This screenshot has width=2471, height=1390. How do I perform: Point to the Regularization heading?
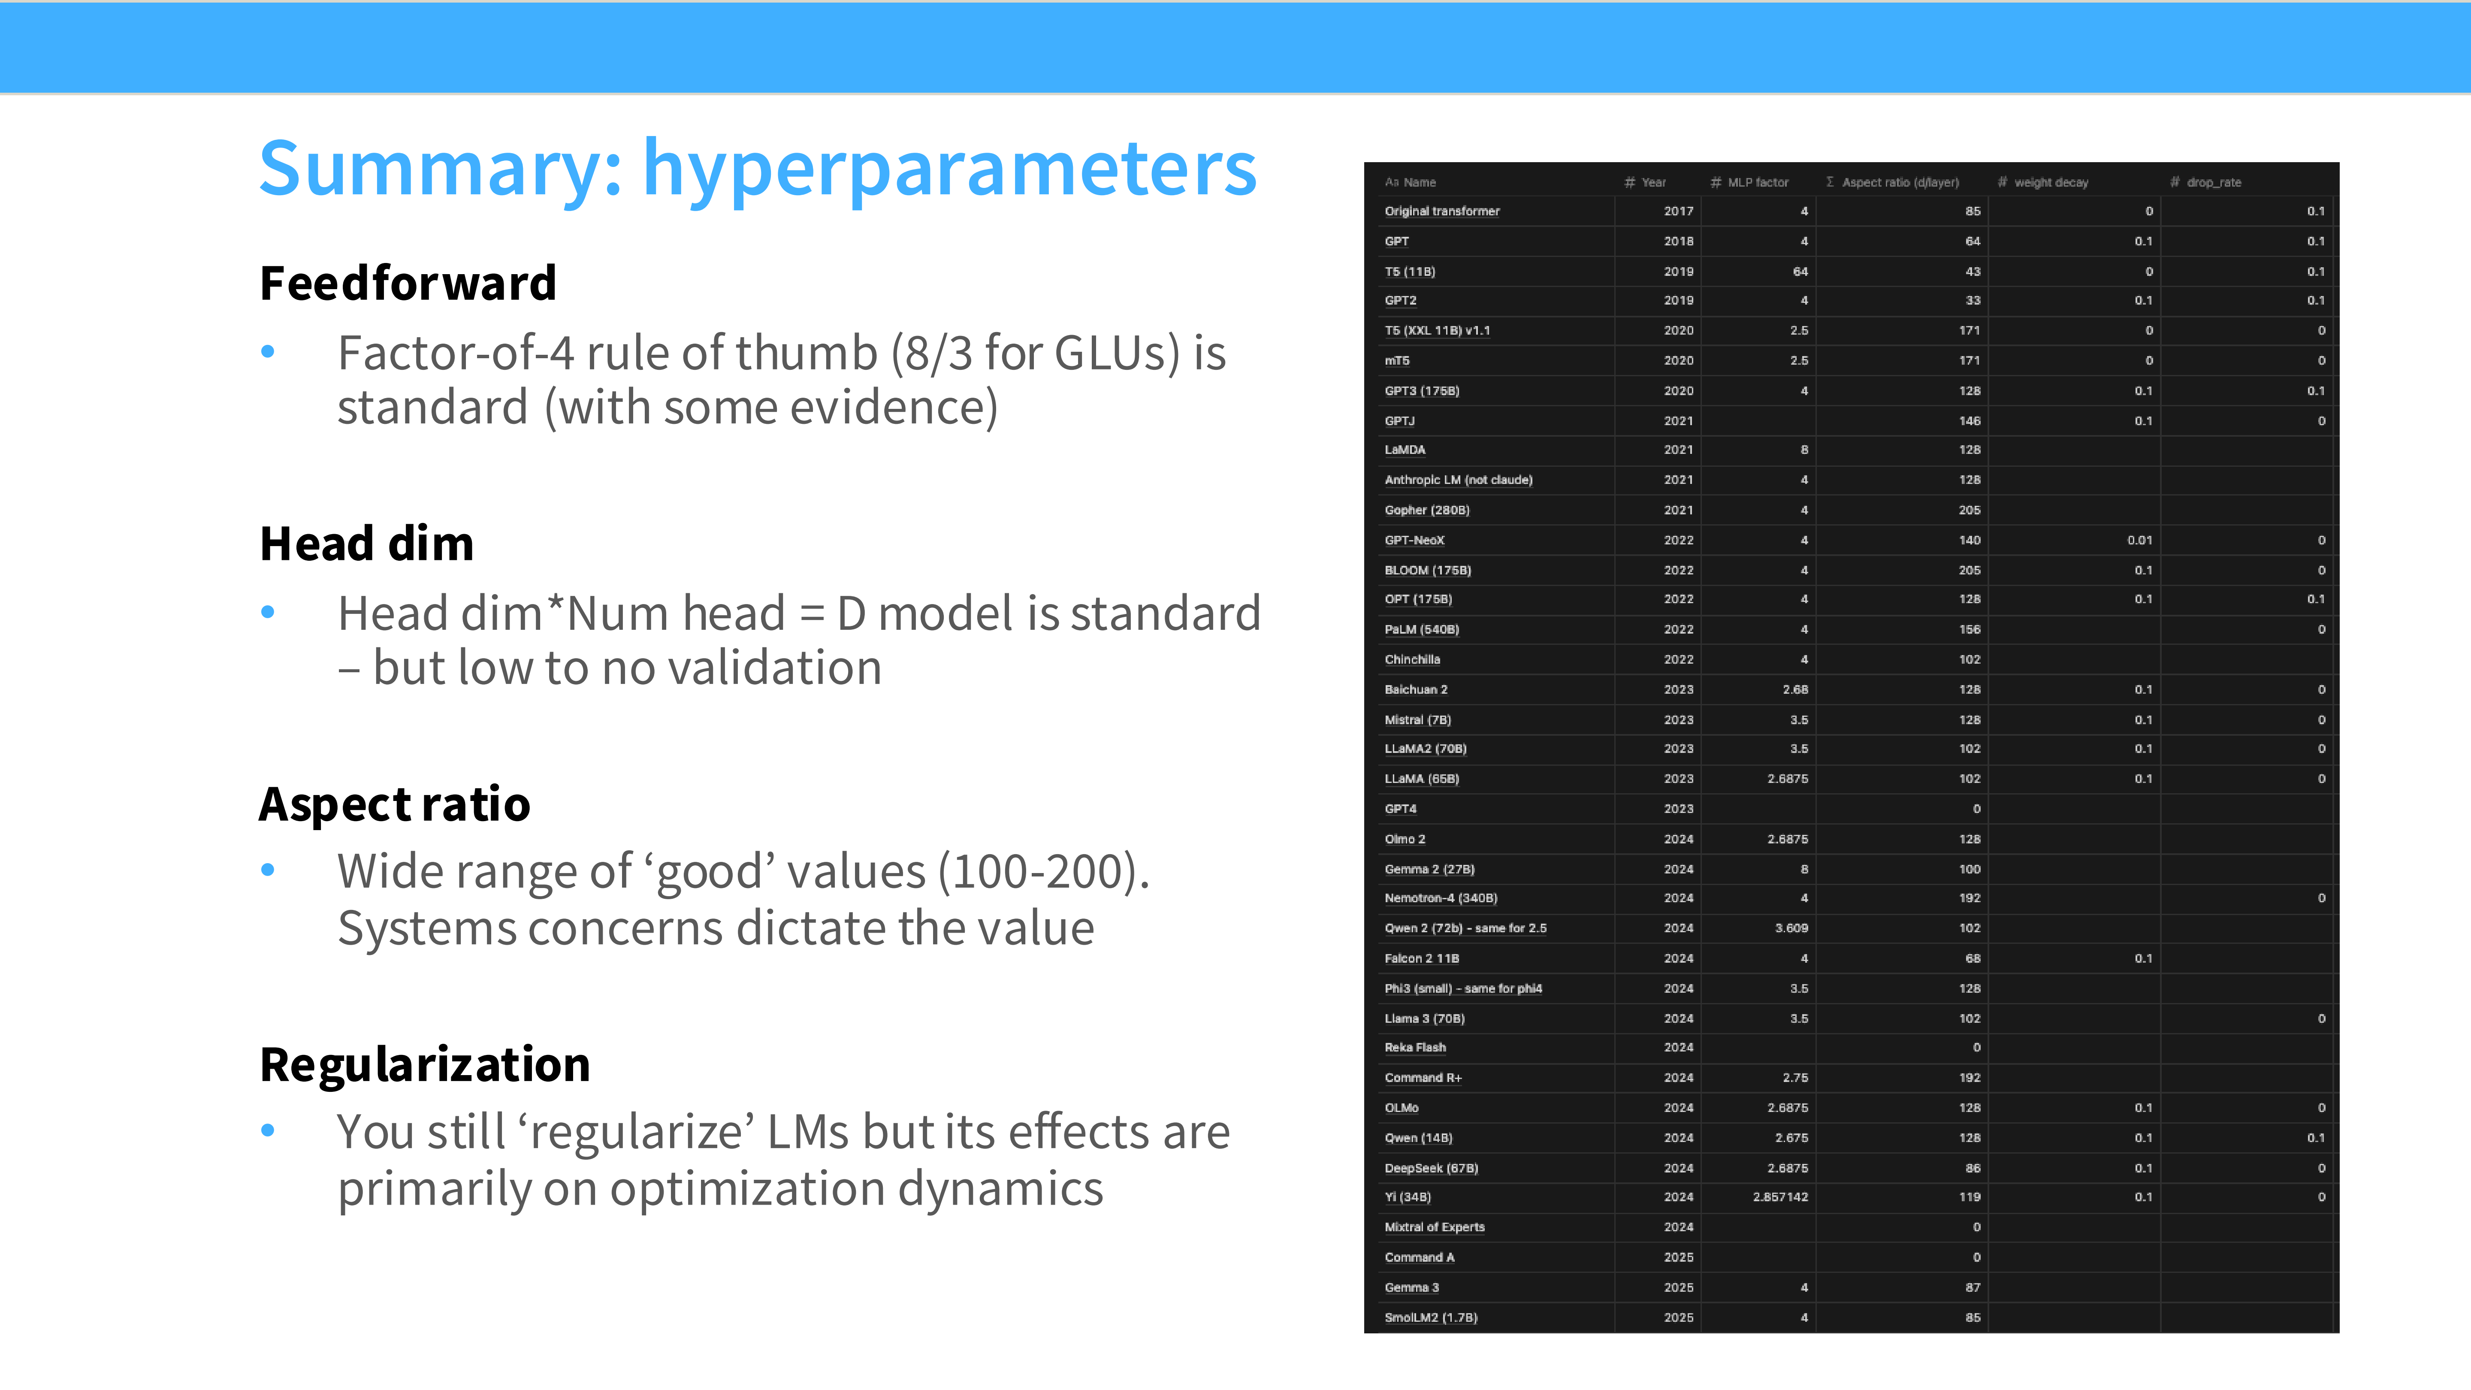tap(425, 1065)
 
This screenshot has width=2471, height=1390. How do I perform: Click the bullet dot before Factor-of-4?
tap(268, 352)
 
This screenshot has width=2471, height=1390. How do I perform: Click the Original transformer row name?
tap(1442, 211)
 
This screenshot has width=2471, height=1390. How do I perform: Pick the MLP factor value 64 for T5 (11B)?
tap(1800, 272)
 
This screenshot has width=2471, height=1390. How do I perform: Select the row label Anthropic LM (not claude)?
tap(1458, 480)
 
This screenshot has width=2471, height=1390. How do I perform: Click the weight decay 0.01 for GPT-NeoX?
tap(2139, 540)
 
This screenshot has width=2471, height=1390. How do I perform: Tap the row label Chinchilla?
tap(1412, 659)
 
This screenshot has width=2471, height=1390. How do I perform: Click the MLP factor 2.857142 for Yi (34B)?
tap(1780, 1197)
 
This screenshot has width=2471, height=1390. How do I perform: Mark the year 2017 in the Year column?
tap(1679, 211)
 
